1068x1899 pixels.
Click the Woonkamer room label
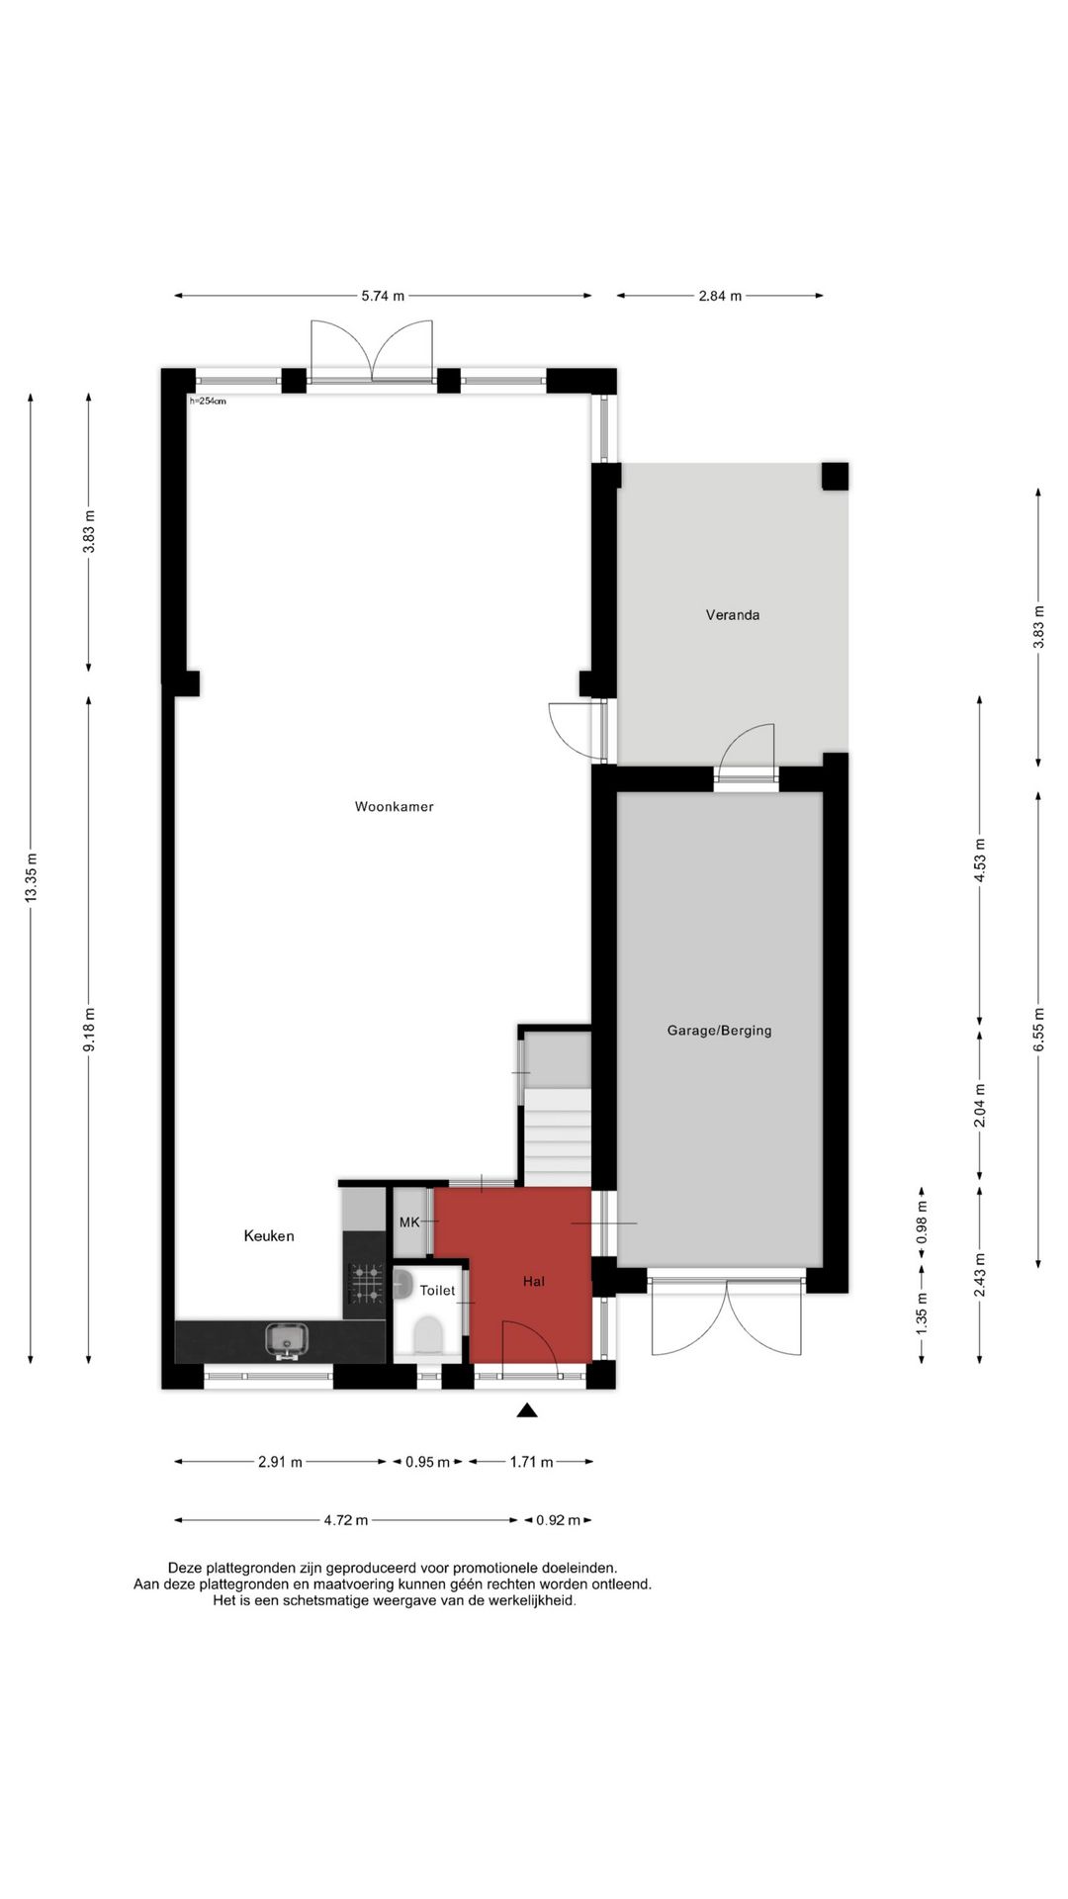click(394, 806)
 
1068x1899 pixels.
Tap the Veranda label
click(733, 614)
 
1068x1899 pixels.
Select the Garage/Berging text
click(719, 1030)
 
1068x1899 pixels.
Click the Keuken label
click(269, 1235)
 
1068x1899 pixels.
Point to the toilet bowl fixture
click(428, 1335)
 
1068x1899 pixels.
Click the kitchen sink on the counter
click(286, 1341)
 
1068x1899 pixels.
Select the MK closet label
click(409, 1222)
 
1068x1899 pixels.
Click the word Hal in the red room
click(534, 1281)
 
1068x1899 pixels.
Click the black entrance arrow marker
click(527, 1410)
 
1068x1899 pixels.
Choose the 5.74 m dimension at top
click(383, 295)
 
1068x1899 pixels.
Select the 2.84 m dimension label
click(720, 295)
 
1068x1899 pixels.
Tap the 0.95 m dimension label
click(427, 1462)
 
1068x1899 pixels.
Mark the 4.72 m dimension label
click(346, 1520)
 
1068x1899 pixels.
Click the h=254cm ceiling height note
click(208, 401)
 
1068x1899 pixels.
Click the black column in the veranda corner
click(835, 477)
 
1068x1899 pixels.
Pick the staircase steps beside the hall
click(556, 1137)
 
